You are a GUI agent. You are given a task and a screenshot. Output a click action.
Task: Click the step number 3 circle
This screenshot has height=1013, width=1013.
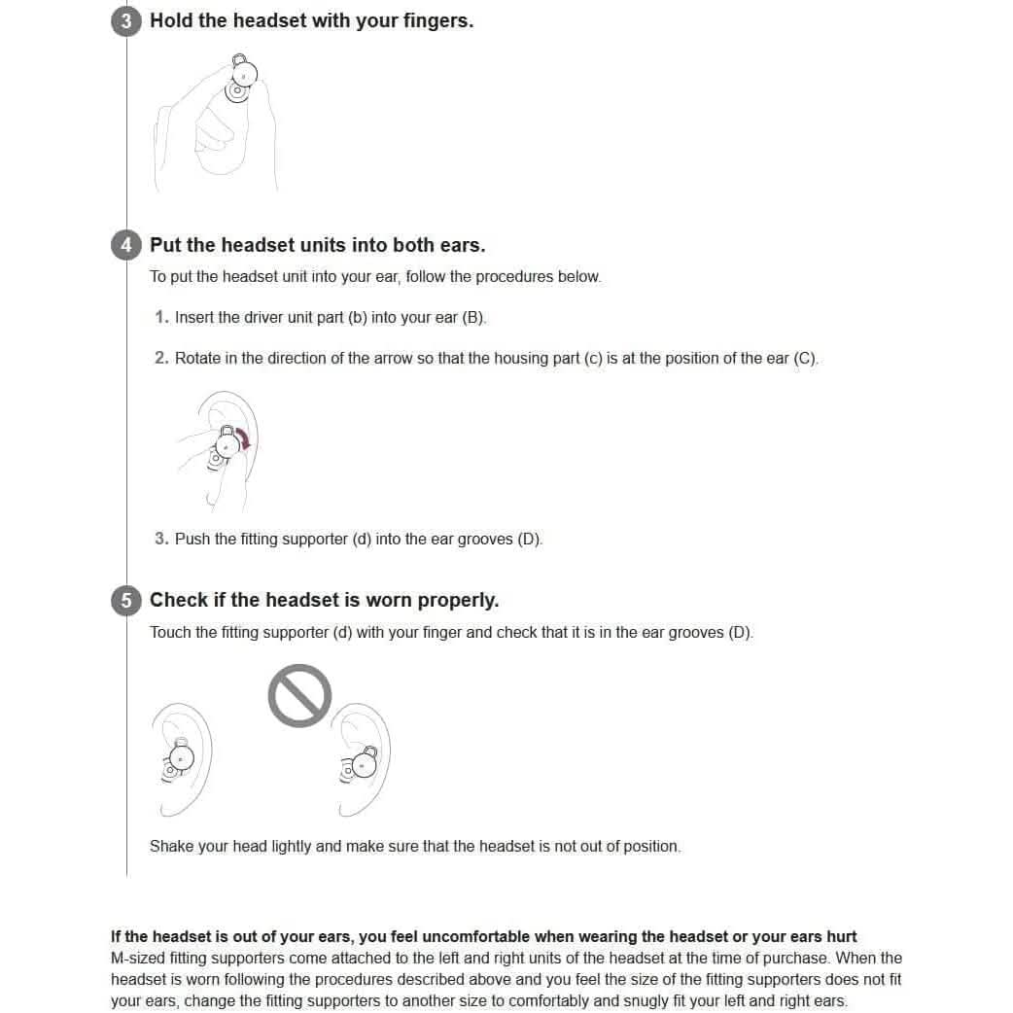(126, 21)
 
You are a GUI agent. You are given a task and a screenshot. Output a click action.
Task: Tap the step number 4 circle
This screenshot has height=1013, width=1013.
(126, 245)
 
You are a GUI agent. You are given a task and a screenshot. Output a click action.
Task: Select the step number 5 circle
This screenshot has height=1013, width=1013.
(126, 601)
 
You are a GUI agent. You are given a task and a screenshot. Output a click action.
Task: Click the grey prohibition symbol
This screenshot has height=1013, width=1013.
(299, 695)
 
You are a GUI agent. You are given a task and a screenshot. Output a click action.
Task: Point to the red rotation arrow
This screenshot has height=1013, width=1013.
(244, 440)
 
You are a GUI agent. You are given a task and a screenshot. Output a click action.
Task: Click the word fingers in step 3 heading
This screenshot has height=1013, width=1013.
(435, 20)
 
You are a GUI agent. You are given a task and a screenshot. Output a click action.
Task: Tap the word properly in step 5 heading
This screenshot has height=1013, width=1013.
(457, 600)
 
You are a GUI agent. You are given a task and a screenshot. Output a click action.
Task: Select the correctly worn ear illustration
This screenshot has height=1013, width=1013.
(182, 758)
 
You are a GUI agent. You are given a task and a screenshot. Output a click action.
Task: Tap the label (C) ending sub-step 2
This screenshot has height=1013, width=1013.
(806, 358)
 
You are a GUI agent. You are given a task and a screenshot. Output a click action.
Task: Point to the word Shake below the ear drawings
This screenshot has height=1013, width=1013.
(172, 846)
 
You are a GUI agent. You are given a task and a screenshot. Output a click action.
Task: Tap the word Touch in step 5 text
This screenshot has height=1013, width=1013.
(170, 632)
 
